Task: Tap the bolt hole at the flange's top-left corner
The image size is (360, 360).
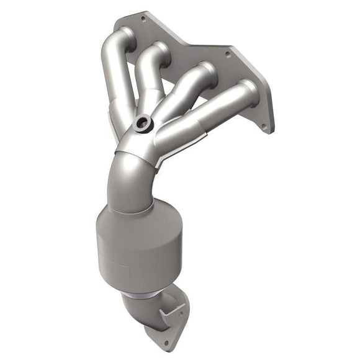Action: coord(143,19)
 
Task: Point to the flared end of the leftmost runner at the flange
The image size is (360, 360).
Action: coord(124,37)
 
